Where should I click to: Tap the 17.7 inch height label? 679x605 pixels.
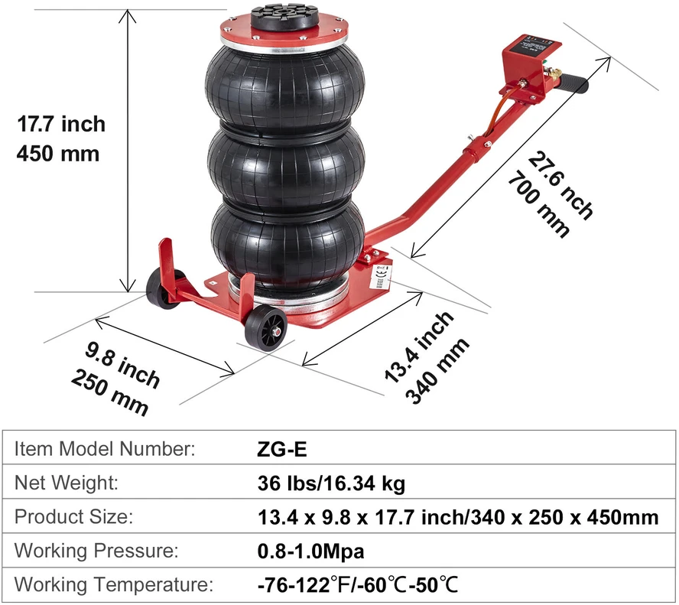tap(61, 124)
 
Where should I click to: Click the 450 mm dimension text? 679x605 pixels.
tap(58, 154)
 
